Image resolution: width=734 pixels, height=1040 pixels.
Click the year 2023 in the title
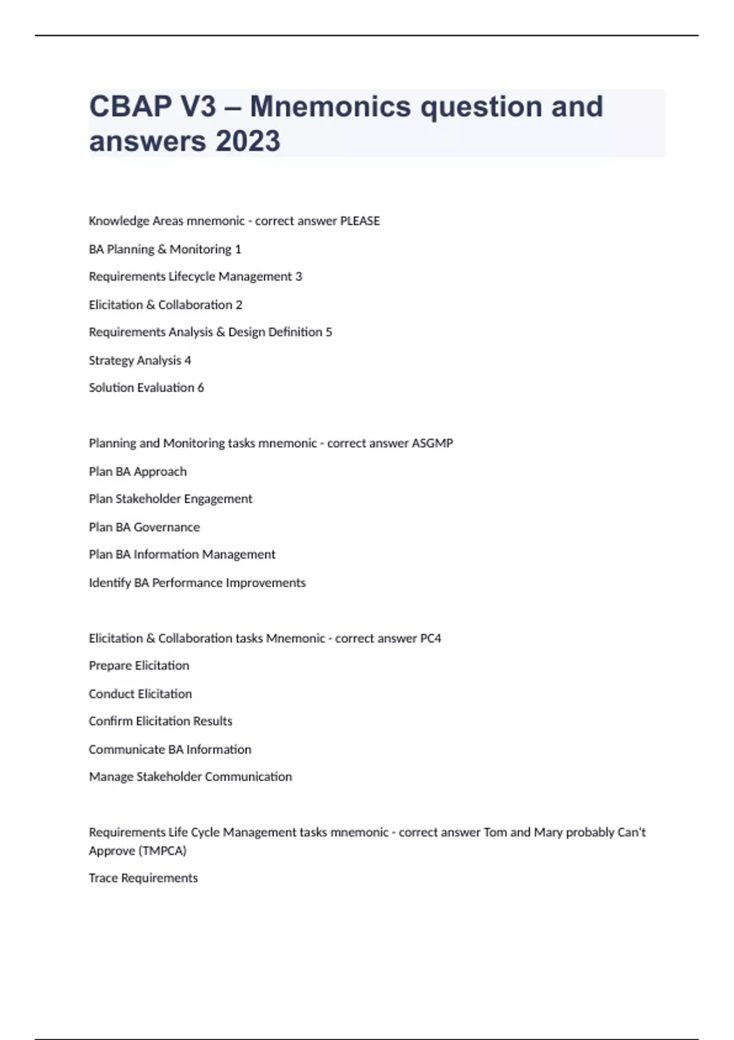[248, 141]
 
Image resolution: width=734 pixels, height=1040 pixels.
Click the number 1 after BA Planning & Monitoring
[238, 250]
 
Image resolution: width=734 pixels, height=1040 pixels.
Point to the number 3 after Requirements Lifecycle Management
[298, 277]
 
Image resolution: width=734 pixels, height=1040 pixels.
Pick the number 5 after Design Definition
[329, 332]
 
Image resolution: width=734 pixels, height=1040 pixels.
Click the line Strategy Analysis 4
[140, 360]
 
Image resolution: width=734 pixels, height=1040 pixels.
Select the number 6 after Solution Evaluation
[201, 388]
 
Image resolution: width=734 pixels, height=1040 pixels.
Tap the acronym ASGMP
[432, 444]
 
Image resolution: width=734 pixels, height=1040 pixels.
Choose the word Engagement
[218, 499]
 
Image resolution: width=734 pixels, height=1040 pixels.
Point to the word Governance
[167, 527]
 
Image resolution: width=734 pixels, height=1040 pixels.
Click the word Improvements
[266, 583]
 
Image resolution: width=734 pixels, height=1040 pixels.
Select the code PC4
[431, 639]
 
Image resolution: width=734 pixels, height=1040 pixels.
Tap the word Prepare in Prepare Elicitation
[110, 666]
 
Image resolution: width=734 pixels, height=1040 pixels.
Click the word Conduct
[112, 694]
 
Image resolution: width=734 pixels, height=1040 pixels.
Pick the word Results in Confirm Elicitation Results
[213, 721]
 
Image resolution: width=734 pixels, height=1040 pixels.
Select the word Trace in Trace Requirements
[103, 878]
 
